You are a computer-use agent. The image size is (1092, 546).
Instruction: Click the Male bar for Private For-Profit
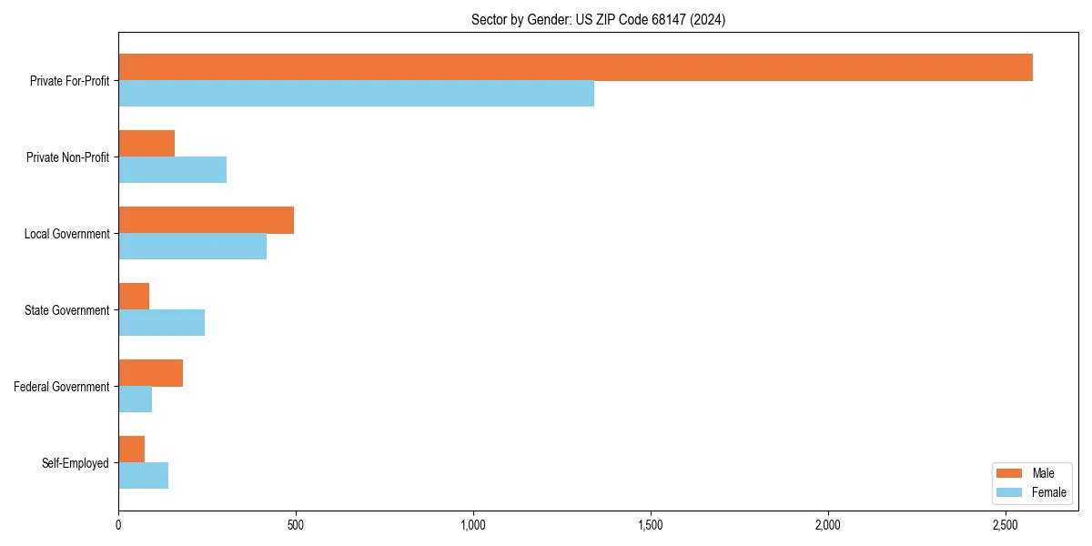tap(575, 67)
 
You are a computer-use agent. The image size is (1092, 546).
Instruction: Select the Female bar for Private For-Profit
tap(356, 94)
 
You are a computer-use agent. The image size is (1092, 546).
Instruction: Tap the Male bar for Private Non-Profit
tap(147, 144)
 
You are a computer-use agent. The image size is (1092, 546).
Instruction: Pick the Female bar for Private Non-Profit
tap(172, 170)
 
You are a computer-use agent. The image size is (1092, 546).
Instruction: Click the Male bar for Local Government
tap(206, 220)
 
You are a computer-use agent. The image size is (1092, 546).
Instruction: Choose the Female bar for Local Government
tap(192, 247)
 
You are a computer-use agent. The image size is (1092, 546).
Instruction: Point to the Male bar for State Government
tap(134, 297)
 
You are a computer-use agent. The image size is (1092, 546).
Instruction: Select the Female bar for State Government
tap(161, 323)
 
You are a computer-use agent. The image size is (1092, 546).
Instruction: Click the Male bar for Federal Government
tap(150, 373)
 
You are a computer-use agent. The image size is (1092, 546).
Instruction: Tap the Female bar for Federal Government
tap(135, 399)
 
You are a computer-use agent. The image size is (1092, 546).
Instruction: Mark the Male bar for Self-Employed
tap(131, 450)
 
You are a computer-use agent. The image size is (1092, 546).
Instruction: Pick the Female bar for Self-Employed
tap(143, 476)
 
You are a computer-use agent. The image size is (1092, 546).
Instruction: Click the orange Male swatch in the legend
tap(1009, 473)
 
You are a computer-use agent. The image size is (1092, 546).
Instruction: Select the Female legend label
tap(1049, 492)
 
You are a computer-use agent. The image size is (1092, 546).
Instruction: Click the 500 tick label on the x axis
tap(296, 525)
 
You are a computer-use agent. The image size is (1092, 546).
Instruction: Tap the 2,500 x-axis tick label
tap(1006, 525)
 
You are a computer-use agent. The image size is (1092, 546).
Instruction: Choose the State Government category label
tap(66, 310)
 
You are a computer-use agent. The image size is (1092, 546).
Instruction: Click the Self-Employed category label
tap(75, 463)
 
